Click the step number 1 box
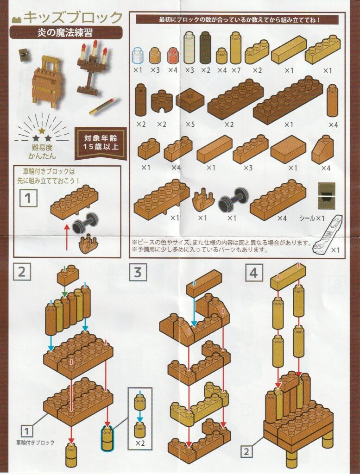(x=28, y=198)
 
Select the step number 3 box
(x=138, y=272)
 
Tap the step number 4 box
(x=253, y=272)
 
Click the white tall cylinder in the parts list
(x=189, y=48)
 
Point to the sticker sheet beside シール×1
(x=327, y=196)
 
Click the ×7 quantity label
(x=236, y=70)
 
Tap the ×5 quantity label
(x=190, y=124)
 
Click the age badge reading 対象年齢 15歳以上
(x=101, y=143)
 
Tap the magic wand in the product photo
(x=104, y=106)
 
